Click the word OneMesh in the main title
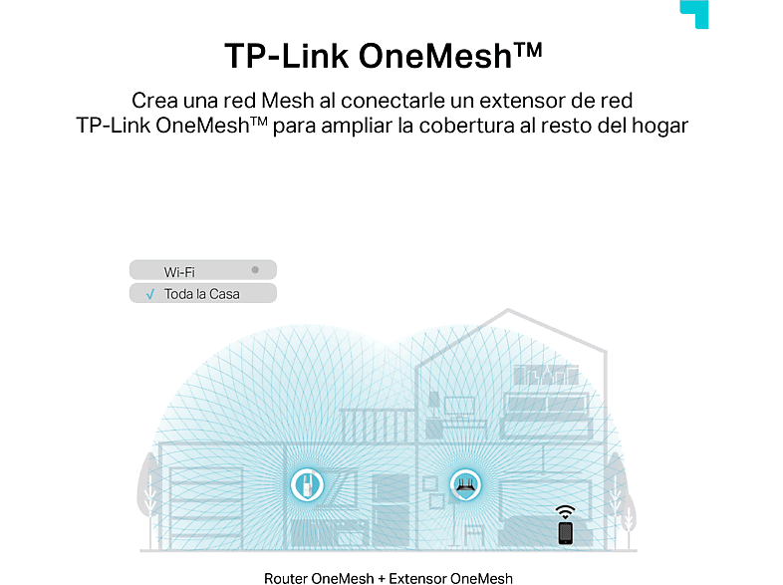[435, 56]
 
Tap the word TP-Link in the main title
[286, 56]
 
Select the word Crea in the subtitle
[154, 101]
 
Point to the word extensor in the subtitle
[522, 101]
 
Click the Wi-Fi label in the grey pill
[179, 272]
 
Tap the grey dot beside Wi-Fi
[255, 270]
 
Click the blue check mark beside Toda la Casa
[150, 294]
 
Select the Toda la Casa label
[202, 294]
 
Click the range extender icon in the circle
[307, 484]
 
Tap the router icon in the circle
[465, 484]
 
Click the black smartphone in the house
[565, 533]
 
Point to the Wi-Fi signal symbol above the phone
[565, 511]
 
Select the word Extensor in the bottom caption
[418, 578]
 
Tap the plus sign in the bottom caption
[382, 579]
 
